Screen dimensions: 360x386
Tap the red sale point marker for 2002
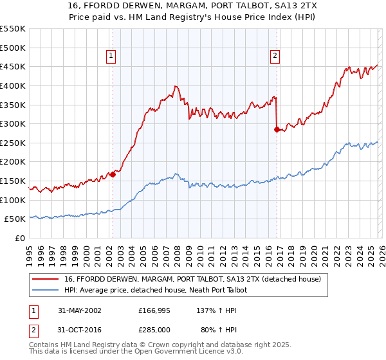click(x=113, y=174)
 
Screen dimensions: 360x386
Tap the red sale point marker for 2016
click(x=277, y=129)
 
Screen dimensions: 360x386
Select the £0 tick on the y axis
click(x=20, y=239)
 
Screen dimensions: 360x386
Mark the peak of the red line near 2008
click(x=175, y=86)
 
